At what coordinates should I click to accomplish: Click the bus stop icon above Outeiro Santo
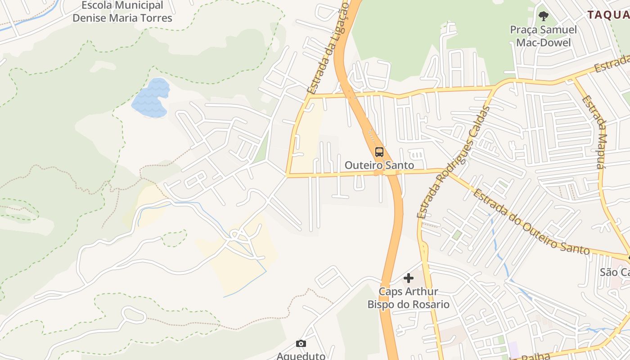pos(379,152)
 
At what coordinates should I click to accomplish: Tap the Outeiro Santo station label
pos(379,165)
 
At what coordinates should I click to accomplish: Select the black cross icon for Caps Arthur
pos(409,278)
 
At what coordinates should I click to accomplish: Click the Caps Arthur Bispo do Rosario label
pos(408,298)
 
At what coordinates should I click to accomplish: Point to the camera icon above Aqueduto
pos(301,344)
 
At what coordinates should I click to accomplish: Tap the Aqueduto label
pos(301,355)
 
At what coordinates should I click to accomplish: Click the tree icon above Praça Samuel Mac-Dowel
pos(544,16)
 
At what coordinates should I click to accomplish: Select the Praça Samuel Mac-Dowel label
pos(543,36)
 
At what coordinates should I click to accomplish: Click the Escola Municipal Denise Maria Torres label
pos(122,12)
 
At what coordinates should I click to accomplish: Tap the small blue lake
pos(151,98)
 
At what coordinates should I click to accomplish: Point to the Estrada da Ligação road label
pos(328,47)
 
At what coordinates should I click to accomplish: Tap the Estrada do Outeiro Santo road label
pos(531,222)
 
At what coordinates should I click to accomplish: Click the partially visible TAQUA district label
pos(608,14)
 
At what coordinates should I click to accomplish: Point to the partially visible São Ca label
pos(615,272)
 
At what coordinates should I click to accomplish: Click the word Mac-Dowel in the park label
pos(543,42)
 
